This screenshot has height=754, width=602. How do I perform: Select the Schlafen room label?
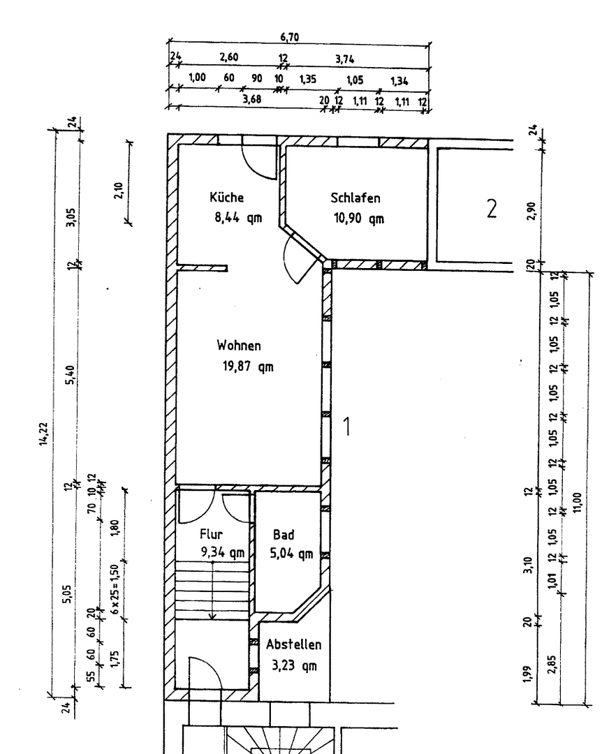[x=355, y=198]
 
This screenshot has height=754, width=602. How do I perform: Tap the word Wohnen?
[x=239, y=346]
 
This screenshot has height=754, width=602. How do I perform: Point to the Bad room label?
[x=284, y=535]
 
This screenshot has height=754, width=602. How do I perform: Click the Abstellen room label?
[x=293, y=645]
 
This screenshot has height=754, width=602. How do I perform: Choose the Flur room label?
[x=211, y=535]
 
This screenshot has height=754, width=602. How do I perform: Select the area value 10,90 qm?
[x=358, y=218]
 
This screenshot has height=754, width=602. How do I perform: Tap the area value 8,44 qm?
[x=238, y=217]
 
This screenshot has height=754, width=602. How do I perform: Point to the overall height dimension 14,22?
[x=44, y=434]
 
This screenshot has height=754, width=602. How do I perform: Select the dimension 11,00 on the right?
[x=577, y=501]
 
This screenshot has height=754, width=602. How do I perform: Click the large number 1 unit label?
[x=346, y=426]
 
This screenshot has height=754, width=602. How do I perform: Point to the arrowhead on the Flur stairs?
[x=212, y=616]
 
